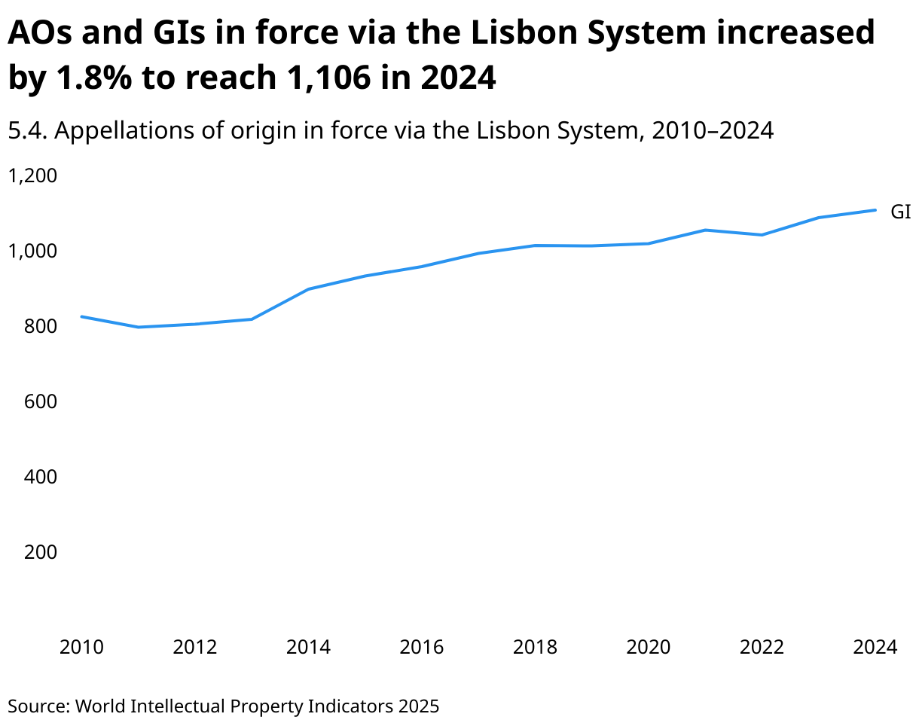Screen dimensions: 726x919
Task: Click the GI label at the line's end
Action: click(900, 212)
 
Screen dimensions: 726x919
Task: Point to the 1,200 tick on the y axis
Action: click(32, 175)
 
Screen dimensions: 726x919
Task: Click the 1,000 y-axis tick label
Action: click(32, 251)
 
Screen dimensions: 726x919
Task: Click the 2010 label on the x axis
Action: click(81, 647)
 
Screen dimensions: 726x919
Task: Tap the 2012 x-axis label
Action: click(195, 647)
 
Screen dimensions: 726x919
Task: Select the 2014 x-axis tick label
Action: click(309, 647)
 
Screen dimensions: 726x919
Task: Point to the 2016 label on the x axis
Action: click(422, 647)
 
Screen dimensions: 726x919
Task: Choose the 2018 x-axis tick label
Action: click(536, 647)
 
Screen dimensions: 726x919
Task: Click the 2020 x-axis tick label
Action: click(649, 647)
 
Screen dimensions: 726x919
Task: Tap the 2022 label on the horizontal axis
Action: click(762, 647)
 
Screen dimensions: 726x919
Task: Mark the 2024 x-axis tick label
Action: click(875, 647)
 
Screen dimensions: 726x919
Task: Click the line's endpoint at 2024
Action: click(875, 210)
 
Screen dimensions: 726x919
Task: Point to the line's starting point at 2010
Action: click(81, 316)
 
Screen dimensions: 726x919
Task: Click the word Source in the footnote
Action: click(38, 706)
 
